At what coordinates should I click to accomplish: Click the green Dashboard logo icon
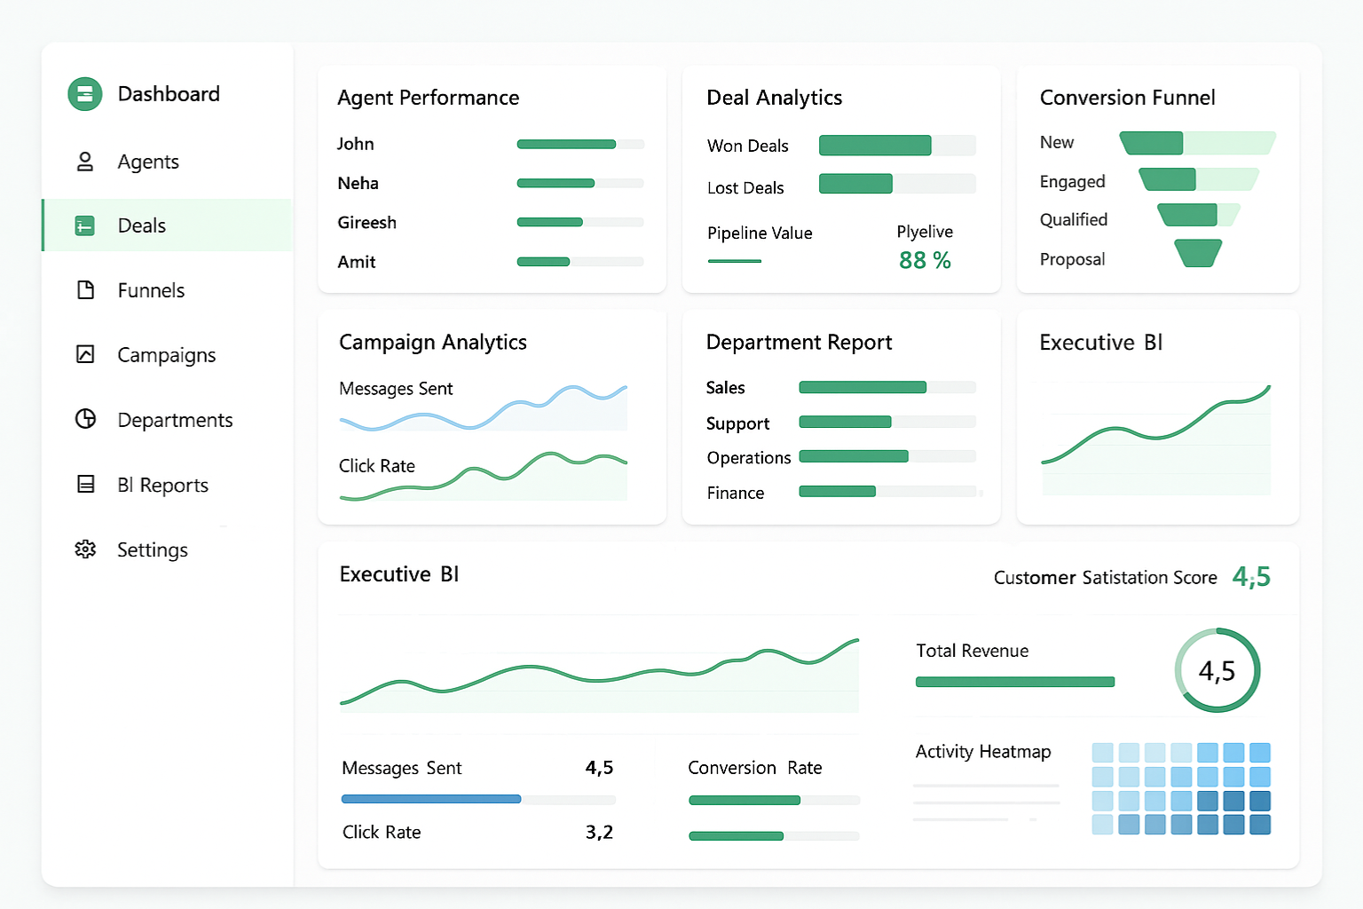click(x=85, y=94)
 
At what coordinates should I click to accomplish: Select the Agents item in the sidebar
click(x=148, y=162)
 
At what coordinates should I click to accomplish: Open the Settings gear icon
click(x=85, y=549)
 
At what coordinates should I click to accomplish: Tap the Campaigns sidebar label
click(x=167, y=355)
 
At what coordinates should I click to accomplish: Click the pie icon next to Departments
click(x=85, y=419)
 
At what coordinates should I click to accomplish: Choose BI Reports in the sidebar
click(x=162, y=485)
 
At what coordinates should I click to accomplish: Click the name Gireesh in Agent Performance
click(x=366, y=223)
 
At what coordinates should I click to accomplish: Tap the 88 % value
click(x=924, y=260)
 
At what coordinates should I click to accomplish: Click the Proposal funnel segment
click(x=1198, y=253)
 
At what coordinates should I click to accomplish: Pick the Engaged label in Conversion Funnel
click(x=1072, y=182)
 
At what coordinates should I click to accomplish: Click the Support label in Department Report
click(x=737, y=423)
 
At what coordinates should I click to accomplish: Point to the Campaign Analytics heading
click(x=433, y=342)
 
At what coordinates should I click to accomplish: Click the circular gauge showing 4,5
click(x=1217, y=670)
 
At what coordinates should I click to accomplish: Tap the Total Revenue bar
click(x=1014, y=682)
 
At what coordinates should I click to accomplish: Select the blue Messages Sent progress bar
click(x=431, y=799)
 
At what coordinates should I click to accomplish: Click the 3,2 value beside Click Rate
click(x=599, y=832)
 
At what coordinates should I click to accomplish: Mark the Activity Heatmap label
click(x=982, y=752)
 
